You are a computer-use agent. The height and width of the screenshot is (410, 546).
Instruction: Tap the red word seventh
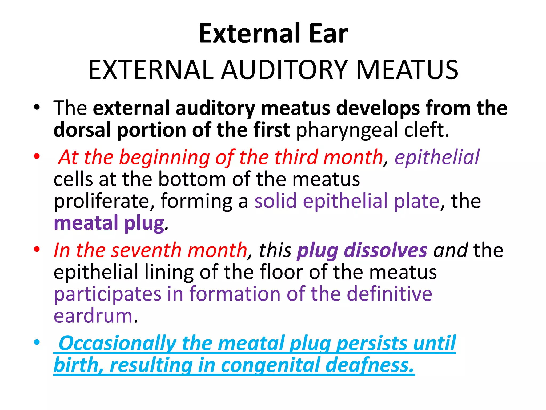tap(146, 250)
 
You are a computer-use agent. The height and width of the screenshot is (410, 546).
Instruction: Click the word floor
tap(281, 272)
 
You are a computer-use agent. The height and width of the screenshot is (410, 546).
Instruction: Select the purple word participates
tap(107, 294)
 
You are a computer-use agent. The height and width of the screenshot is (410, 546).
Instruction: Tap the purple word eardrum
tap(93, 316)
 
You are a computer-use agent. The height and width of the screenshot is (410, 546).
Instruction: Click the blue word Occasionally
tap(117, 343)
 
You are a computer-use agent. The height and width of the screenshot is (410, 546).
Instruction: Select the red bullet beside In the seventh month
tap(37, 249)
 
